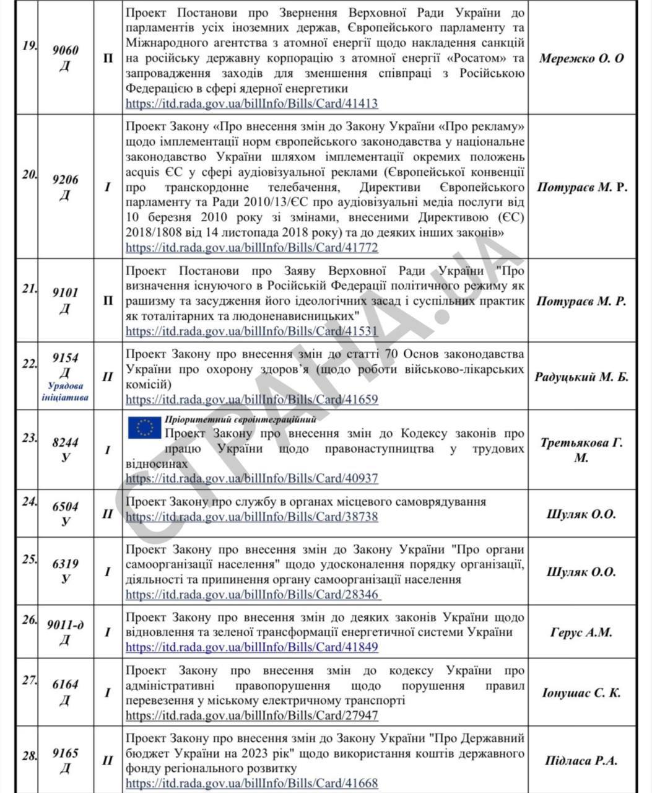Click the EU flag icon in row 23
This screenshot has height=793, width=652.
click(x=144, y=427)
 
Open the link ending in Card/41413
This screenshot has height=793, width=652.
click(x=251, y=103)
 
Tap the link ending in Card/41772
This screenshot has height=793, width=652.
click(x=251, y=247)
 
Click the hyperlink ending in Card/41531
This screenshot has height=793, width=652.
click(x=251, y=331)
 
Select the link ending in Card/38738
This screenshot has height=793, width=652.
click(x=251, y=516)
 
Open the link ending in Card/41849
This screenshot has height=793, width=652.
click(x=251, y=647)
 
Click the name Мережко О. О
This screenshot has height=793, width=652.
click(x=581, y=59)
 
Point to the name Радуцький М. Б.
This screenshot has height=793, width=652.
click(x=581, y=377)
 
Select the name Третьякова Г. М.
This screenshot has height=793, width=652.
click(x=581, y=450)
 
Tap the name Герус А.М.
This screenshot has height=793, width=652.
click(x=581, y=633)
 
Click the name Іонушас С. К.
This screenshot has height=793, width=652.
click(x=581, y=693)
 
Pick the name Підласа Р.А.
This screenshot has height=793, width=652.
click(x=581, y=761)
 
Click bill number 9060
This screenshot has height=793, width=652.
click(x=66, y=51)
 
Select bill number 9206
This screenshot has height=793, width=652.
click(x=66, y=180)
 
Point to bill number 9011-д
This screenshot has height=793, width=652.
click(x=66, y=625)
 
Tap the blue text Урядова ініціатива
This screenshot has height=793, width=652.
click(x=65, y=392)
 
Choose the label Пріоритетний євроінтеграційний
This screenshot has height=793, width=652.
click(x=240, y=419)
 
